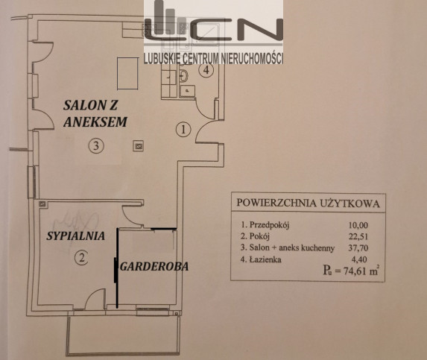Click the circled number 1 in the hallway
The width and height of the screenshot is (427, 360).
pos(183,130)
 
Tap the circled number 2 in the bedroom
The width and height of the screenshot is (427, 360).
pos(81,257)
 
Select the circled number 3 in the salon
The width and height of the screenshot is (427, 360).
pos(96,146)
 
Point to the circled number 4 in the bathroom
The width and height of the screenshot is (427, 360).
pos(206,70)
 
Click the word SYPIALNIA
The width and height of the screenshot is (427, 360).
pos(76,236)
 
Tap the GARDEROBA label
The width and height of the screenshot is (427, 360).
pos(154,267)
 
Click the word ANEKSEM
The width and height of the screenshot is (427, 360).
pos(95,121)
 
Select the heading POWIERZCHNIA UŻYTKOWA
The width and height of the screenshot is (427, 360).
pos(308,203)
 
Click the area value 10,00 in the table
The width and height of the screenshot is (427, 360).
pos(358,225)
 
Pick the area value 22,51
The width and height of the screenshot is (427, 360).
pos(358,236)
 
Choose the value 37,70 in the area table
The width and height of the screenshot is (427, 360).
pos(358,247)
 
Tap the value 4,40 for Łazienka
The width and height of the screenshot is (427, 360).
pos(360,259)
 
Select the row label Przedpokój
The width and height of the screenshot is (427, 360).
pos(265,225)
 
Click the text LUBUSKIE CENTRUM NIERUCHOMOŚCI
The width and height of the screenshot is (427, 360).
pos(213,58)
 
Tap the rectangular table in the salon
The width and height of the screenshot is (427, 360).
pos(127,73)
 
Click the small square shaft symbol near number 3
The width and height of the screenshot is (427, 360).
pos(139,146)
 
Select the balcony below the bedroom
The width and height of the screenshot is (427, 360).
pos(123,335)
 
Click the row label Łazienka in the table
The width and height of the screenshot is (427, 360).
pos(261,259)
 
